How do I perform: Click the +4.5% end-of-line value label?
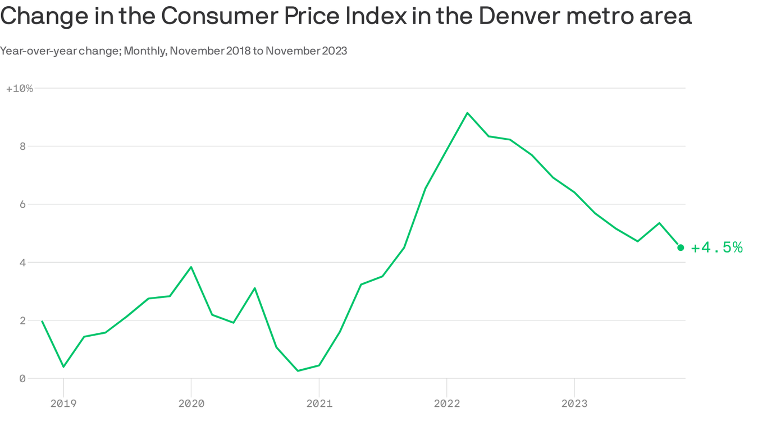tap(716, 247)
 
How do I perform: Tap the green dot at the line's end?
tap(681, 247)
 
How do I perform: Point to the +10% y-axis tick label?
tap(20, 89)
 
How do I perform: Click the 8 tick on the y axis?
tap(22, 146)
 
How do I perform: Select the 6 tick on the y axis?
tap(22, 204)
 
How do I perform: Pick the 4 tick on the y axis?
tap(22, 263)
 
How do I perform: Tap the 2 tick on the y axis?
tap(22, 320)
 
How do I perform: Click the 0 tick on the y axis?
tap(22, 379)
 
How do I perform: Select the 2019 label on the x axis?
tap(63, 403)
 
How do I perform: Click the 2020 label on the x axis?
tap(191, 403)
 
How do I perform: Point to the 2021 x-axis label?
tap(319, 403)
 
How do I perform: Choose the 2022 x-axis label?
tap(446, 403)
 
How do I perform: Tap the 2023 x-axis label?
tap(574, 403)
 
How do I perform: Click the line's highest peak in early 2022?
tap(467, 113)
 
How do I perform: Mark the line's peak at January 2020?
tap(191, 267)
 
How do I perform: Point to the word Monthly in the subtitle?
tap(144, 51)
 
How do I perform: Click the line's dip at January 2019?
tap(63, 366)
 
